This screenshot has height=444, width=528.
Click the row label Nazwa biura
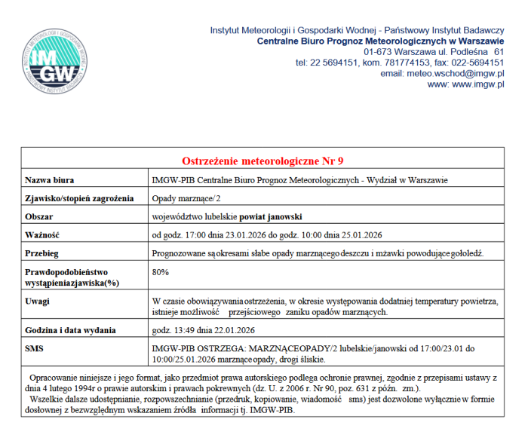point(50,180)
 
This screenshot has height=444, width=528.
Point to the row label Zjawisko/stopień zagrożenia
point(79,198)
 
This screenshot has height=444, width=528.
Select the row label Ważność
point(42,234)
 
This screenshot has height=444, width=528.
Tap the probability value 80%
point(160,271)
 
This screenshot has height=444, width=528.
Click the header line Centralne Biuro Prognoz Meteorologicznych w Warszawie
point(380,40)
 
